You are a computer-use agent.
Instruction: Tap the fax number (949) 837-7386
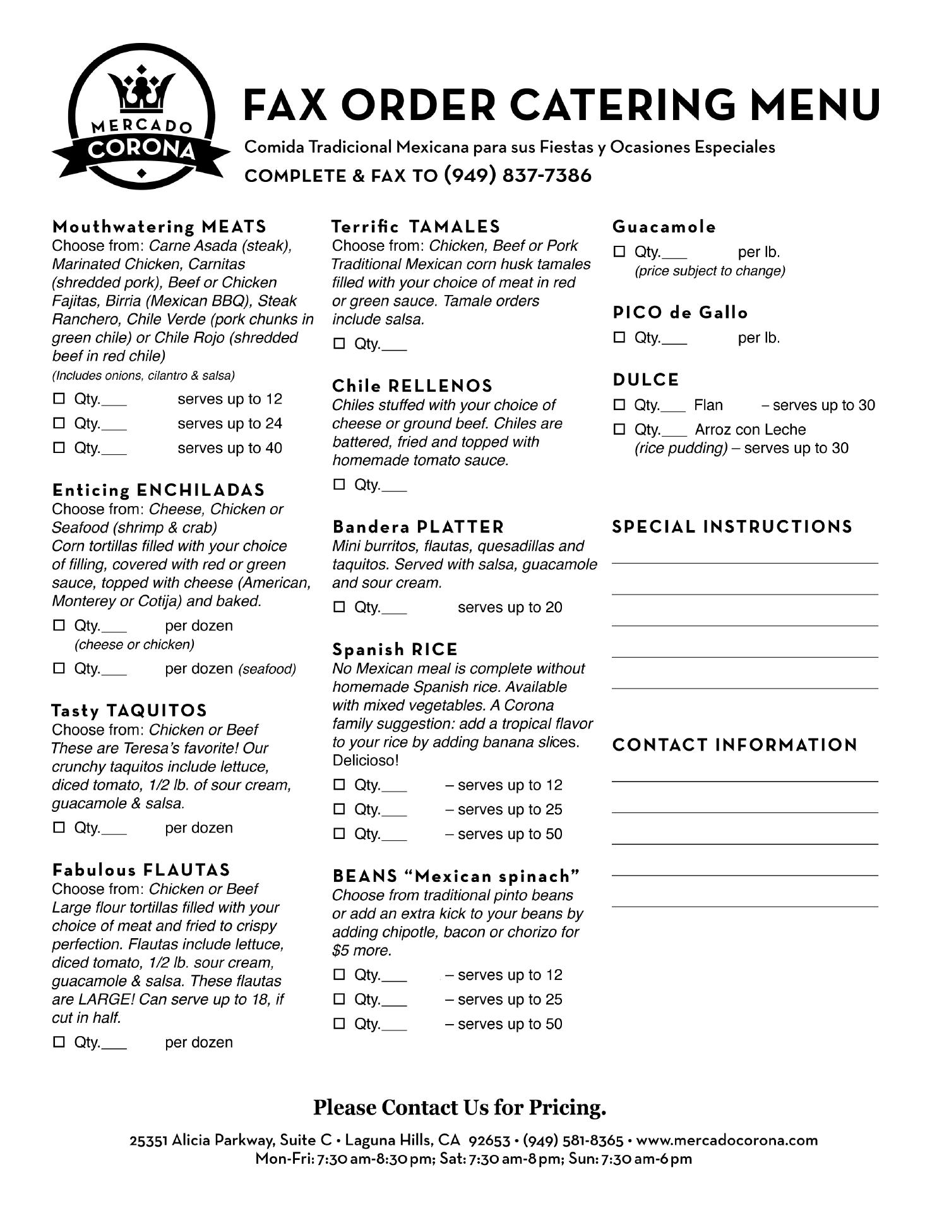[518, 175]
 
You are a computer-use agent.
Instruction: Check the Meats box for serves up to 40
[59, 448]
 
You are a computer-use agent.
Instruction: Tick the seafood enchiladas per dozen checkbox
[59, 668]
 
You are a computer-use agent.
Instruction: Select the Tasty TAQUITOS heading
[129, 711]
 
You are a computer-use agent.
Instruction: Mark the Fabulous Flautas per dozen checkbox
[59, 1042]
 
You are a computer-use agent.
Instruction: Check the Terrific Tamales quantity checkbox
[339, 344]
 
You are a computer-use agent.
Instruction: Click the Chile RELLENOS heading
[412, 386]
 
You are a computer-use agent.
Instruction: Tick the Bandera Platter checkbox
[339, 607]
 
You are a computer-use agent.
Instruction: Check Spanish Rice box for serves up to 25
[339, 809]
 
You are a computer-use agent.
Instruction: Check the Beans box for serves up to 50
[339, 1023]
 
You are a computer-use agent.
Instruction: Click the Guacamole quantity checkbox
[619, 252]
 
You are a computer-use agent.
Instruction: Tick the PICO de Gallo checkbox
[619, 338]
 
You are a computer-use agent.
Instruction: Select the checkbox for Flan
[619, 405]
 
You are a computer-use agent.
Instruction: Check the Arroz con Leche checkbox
[619, 430]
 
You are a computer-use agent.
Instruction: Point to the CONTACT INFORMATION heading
[735, 745]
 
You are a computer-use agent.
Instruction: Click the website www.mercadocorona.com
[727, 1140]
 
